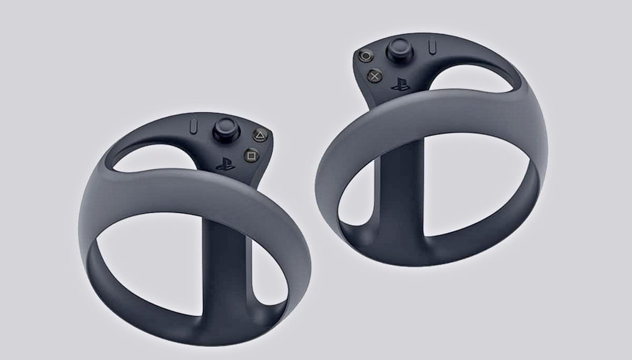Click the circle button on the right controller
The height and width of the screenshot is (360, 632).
(x=366, y=55)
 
